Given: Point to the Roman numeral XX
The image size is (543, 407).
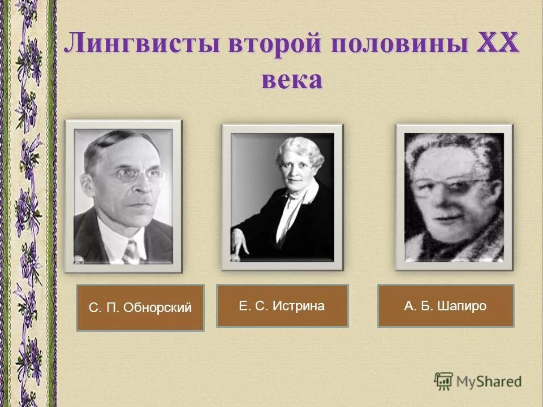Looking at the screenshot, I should point(498,43).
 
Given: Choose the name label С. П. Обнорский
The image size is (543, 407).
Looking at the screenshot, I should point(140,308).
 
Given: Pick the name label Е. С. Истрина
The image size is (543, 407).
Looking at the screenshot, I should point(282,306).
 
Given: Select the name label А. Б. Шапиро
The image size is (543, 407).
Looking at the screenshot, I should point(446,306).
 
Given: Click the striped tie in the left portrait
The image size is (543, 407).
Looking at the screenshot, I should point(131,251).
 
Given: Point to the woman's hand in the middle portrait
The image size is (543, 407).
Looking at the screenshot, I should point(240,243).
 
